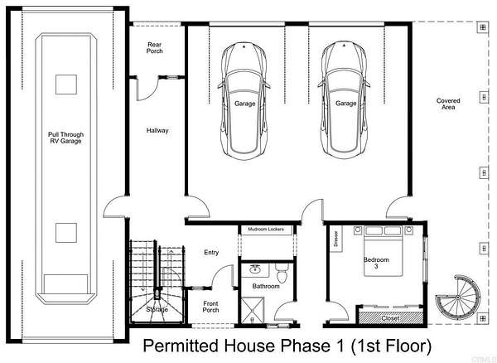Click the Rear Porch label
(x=154, y=48)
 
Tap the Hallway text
(x=157, y=130)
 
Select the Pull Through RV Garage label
(x=66, y=138)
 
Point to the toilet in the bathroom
(x=282, y=273)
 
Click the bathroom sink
(x=254, y=269)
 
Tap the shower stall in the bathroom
(x=253, y=310)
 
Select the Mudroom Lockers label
(x=266, y=230)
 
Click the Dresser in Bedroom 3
(x=336, y=239)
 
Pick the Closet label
(x=390, y=318)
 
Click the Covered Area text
(x=448, y=104)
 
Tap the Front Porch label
(x=210, y=307)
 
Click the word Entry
(x=211, y=252)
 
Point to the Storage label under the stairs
(x=157, y=309)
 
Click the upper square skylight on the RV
(x=66, y=85)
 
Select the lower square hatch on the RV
(x=66, y=233)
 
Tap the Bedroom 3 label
(x=376, y=263)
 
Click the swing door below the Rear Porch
(x=147, y=89)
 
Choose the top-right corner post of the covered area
(x=483, y=27)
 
